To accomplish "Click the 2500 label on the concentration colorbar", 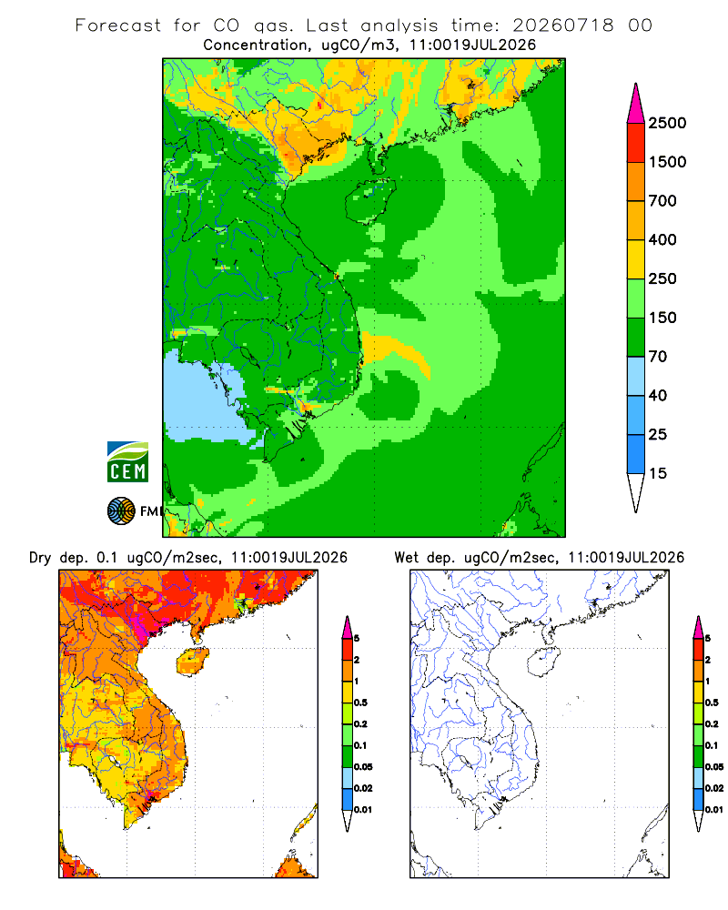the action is [667, 123].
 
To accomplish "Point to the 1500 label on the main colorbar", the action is [667, 162].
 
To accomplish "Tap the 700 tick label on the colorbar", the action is [662, 201].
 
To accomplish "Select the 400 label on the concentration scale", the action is [662, 239].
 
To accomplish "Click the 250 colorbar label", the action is [662, 278].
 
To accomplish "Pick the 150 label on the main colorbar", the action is [662, 318].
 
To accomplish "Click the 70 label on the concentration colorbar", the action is [658, 357].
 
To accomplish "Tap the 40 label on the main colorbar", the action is [658, 395].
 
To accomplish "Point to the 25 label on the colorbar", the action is [658, 434].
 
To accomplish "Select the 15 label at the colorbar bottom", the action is [658, 473].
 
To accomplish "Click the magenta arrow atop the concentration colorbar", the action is [636, 105].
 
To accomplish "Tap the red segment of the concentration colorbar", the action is [636, 143].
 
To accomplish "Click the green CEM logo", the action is [127, 462].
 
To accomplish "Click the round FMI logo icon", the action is [121, 511].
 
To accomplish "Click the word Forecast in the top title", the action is [118, 25].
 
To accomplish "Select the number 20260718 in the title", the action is [562, 25].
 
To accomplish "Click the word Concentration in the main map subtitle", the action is [256, 45].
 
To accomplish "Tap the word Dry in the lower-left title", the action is [40, 558].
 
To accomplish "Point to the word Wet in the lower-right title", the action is [406, 558].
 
